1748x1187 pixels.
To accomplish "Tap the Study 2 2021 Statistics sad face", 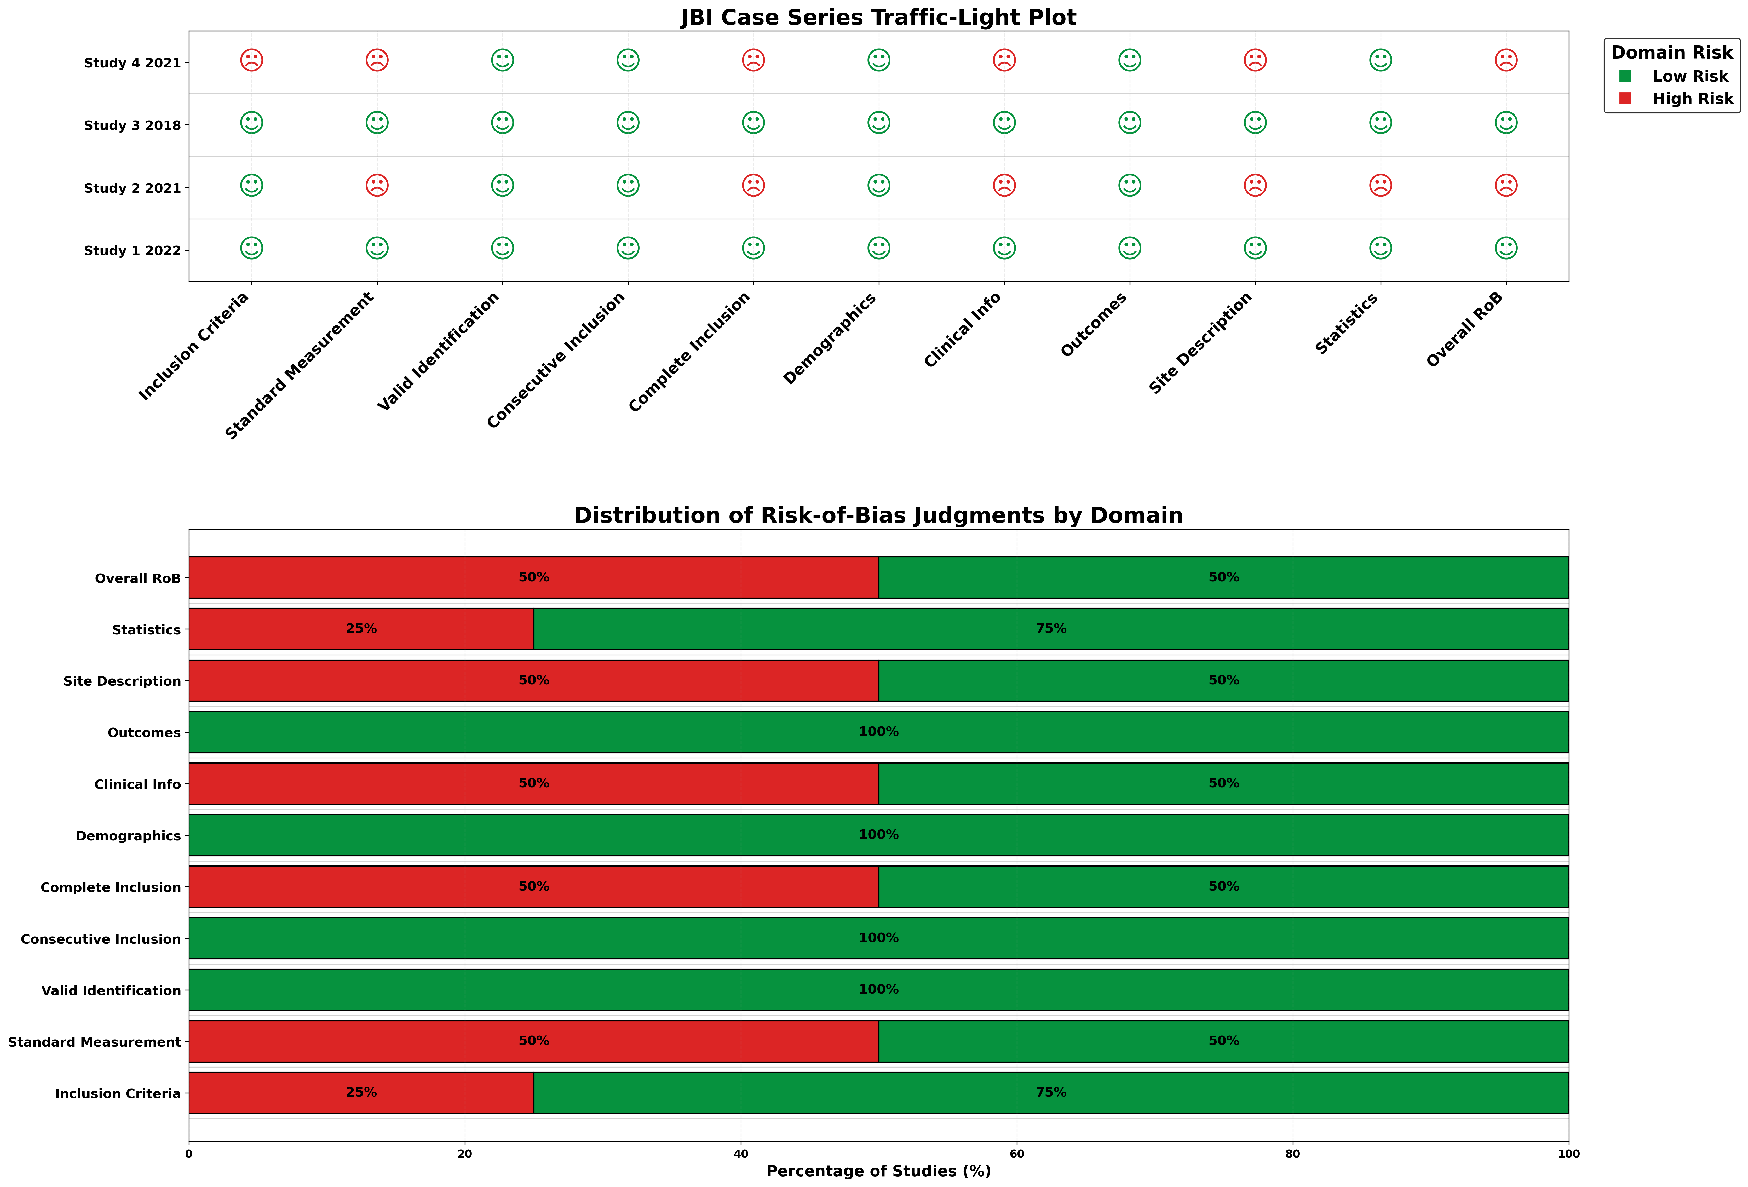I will [1380, 185].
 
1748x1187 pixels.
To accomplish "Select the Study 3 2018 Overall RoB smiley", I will [1506, 123].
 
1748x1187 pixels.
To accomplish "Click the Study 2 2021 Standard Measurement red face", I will [377, 185].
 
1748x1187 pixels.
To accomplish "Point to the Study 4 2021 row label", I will [132, 63].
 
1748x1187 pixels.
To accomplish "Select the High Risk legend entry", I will [1692, 99].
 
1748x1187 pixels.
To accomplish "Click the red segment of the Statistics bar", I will [301, 629].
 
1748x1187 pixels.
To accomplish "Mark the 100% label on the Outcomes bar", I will [878, 732].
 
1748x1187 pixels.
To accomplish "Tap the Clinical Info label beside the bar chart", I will [138, 784].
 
